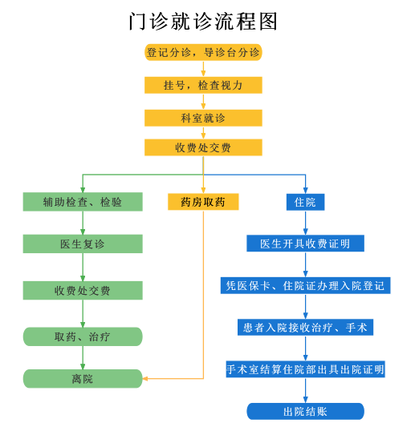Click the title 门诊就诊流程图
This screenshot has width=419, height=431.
(x=203, y=22)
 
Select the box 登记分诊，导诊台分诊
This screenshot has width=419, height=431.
(x=203, y=52)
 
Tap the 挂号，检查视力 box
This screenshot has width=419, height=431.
(x=203, y=85)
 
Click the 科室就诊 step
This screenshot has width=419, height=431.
(x=203, y=119)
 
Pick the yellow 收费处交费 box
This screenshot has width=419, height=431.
(x=203, y=147)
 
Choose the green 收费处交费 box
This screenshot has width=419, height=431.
(x=83, y=291)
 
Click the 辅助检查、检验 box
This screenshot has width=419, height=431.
(x=83, y=202)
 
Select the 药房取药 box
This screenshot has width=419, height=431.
(x=203, y=202)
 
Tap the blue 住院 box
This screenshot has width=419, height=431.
(x=305, y=202)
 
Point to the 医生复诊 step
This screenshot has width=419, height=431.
(x=83, y=244)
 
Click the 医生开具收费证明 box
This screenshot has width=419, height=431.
(x=305, y=244)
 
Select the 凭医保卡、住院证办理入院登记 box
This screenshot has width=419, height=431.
(x=305, y=285)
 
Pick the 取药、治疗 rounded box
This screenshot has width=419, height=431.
(x=83, y=336)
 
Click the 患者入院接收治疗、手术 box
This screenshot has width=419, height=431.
(x=305, y=328)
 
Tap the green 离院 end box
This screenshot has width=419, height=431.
(x=83, y=379)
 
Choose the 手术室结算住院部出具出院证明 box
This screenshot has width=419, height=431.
(x=305, y=369)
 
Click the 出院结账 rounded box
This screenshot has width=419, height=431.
(x=305, y=412)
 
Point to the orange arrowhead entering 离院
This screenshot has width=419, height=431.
(x=145, y=379)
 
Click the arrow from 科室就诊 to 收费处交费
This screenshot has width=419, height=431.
(x=203, y=133)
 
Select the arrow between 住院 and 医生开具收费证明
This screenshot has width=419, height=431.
(x=305, y=223)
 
